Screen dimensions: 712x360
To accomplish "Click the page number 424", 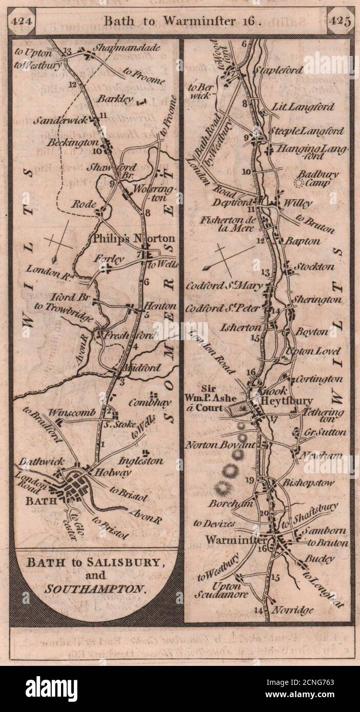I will point(21,22).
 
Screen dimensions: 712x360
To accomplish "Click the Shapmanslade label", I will point(126,49).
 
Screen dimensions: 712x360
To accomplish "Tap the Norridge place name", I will point(293,611).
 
